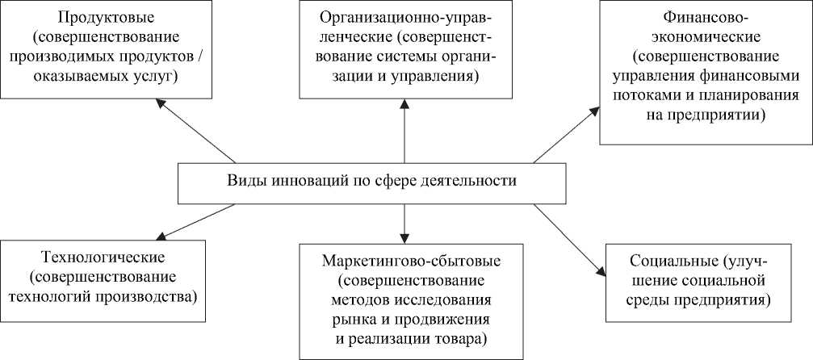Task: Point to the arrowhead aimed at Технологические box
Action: click(161, 237)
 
